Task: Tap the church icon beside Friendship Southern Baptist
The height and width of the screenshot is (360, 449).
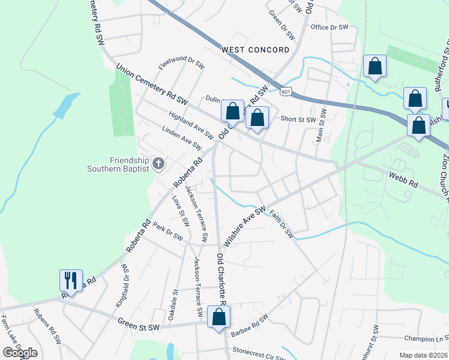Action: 158,163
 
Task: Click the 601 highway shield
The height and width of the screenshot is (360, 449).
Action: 286,90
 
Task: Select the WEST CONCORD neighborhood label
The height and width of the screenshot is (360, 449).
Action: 255,50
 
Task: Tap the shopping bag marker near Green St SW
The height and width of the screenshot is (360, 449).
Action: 218,317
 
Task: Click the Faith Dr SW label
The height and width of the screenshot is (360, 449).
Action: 281,224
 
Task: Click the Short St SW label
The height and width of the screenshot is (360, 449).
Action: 298,119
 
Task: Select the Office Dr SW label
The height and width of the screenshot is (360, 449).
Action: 330,27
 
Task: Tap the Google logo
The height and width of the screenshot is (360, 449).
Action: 20,353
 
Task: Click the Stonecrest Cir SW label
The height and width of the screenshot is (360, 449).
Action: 259,355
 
